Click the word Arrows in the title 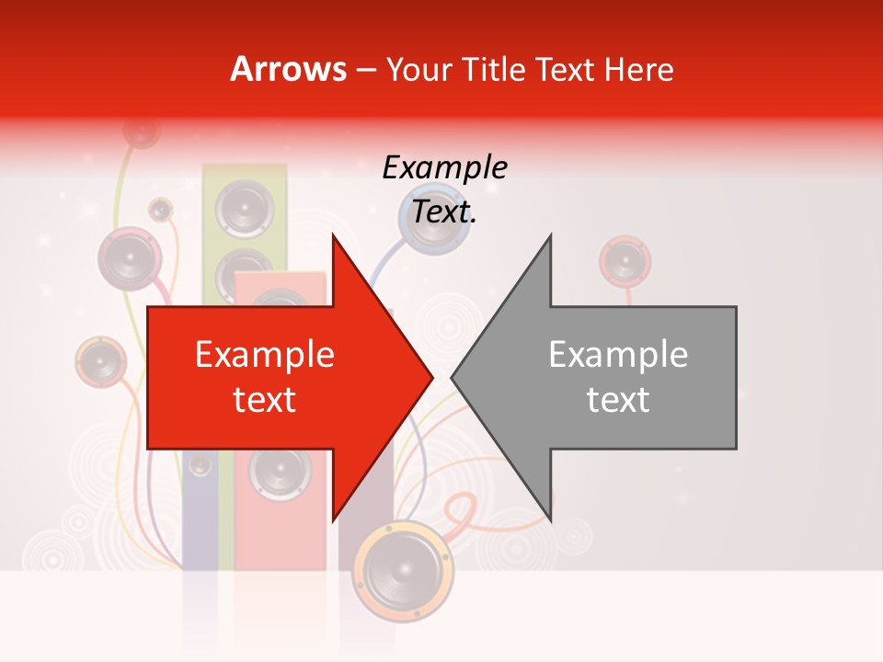[289, 69]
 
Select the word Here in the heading [638, 69]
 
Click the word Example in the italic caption [444, 168]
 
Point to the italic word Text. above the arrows [444, 212]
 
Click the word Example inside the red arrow [265, 355]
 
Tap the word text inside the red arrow [265, 400]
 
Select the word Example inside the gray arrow [618, 355]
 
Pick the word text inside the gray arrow [618, 400]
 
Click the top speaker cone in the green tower [245, 208]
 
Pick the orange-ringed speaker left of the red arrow [100, 362]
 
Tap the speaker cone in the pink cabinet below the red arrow [278, 474]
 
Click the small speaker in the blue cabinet [201, 466]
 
